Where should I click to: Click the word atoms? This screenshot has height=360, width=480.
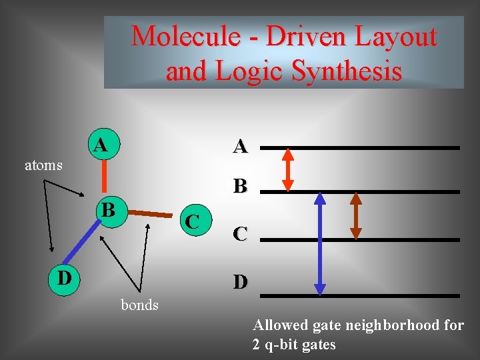[x=43, y=165]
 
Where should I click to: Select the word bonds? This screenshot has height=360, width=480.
[x=139, y=305]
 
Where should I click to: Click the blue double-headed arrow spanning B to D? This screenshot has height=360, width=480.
[x=320, y=243]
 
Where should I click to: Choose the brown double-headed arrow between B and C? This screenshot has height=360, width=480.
[x=356, y=215]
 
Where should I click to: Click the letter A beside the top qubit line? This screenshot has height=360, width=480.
[x=241, y=146]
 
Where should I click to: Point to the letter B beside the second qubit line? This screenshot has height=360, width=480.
[x=241, y=186]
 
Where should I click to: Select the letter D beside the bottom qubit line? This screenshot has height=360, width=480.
[x=241, y=283]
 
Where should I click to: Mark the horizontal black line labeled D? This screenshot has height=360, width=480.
[x=360, y=295]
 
